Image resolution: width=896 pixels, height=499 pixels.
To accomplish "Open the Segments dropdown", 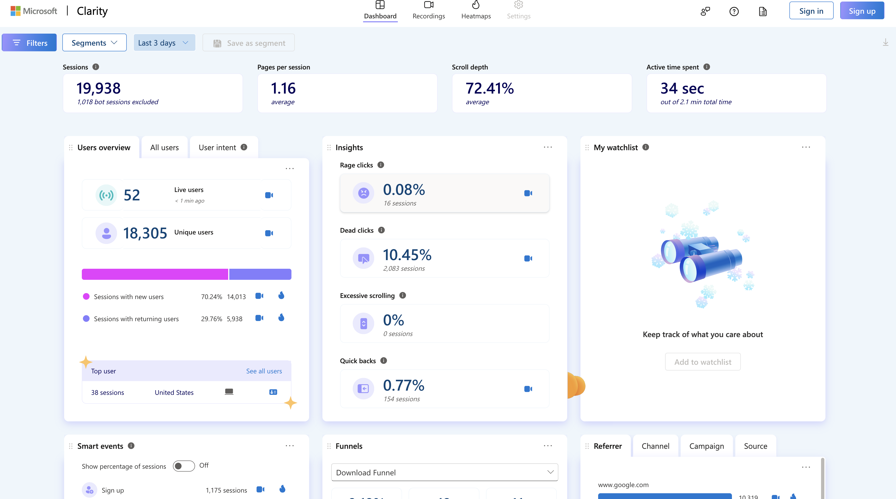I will click(x=94, y=43).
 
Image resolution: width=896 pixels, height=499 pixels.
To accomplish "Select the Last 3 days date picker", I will click(x=164, y=43).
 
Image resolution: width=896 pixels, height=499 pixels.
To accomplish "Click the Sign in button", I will click(x=811, y=11).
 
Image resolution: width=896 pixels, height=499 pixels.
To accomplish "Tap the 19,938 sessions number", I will click(x=98, y=88).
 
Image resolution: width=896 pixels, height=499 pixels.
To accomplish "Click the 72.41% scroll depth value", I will click(x=489, y=88).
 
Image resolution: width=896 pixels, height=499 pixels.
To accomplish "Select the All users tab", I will click(x=164, y=148).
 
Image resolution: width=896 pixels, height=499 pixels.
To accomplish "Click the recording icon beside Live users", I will click(x=269, y=195).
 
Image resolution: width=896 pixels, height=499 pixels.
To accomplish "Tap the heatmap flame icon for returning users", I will click(x=281, y=318).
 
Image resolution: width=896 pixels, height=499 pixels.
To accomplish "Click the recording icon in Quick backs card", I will click(x=528, y=389).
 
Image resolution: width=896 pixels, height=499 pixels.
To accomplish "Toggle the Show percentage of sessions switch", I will click(x=184, y=466).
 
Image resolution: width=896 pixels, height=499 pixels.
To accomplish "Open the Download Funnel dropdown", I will click(x=444, y=472).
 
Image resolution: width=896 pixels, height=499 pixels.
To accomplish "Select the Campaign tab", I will click(x=706, y=446).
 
